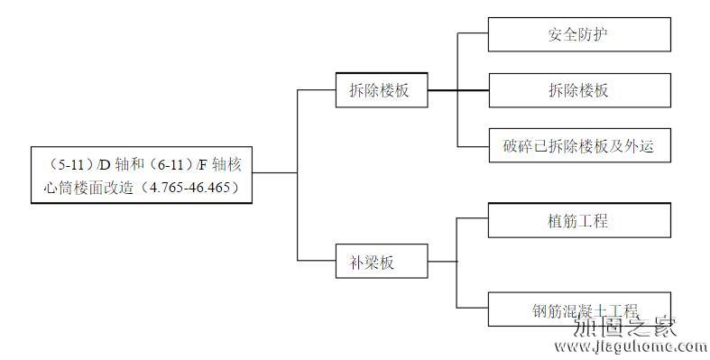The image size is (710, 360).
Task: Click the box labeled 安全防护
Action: (579, 34)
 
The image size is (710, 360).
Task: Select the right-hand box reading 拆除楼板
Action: (579, 90)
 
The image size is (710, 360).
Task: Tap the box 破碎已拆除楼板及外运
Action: (579, 145)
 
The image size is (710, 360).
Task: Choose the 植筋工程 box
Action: (579, 220)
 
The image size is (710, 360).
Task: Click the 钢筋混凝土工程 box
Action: (579, 309)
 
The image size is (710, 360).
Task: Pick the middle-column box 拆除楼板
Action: (380, 90)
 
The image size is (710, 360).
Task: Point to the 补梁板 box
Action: (380, 263)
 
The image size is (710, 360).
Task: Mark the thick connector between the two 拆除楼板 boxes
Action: (456, 90)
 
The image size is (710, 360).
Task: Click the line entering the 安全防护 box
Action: (474, 34)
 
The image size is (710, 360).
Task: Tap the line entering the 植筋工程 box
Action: (474, 219)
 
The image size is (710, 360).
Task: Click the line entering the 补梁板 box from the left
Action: (316, 262)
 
